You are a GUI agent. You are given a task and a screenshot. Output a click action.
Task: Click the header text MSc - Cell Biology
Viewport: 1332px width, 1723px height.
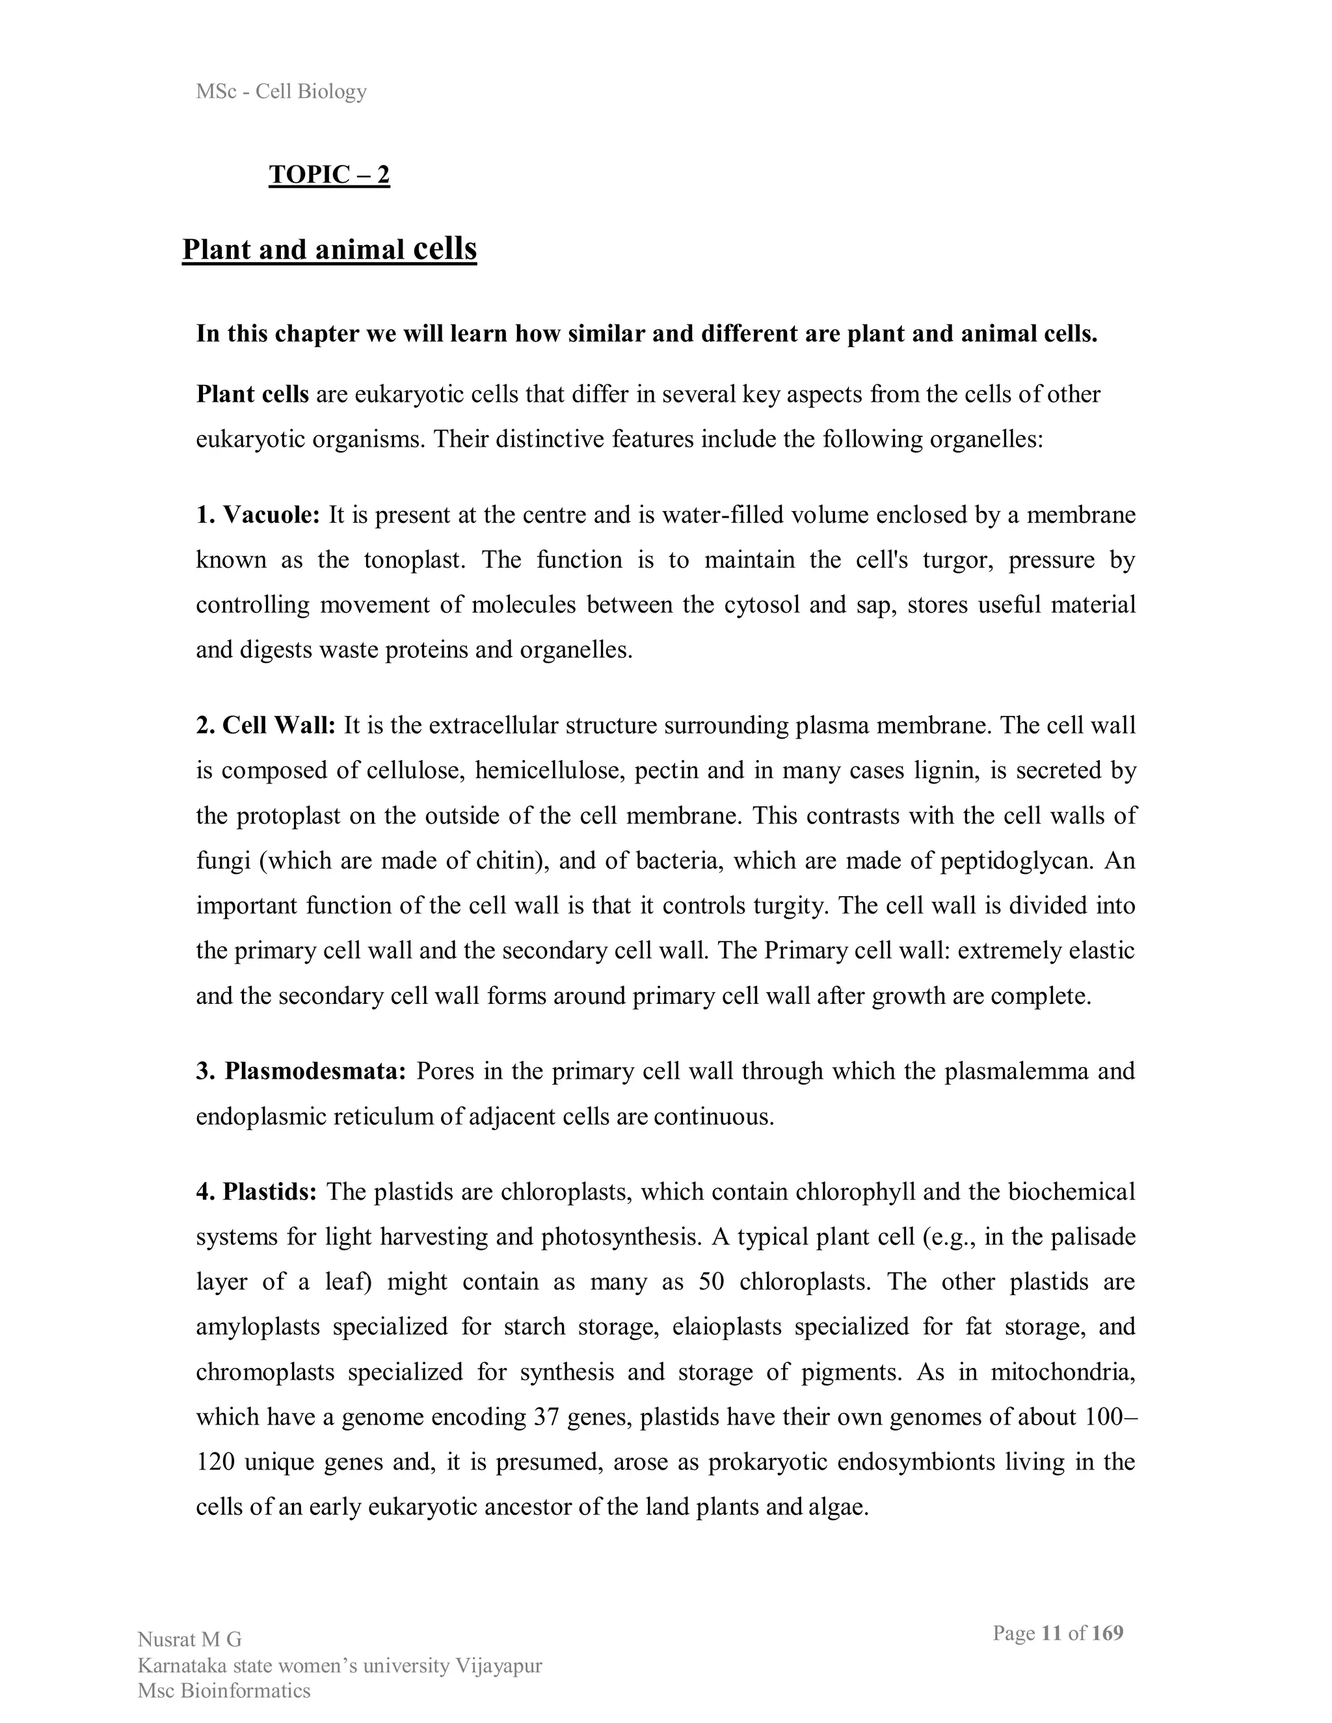point(281,92)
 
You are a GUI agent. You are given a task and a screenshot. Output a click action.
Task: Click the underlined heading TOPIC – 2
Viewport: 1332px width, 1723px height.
point(329,174)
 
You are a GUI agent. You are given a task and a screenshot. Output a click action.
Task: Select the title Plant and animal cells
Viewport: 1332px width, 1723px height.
point(329,249)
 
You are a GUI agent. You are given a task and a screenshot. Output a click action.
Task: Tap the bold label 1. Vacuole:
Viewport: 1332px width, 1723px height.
point(258,515)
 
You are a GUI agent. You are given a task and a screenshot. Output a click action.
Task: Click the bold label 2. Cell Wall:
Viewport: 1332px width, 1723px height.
point(266,725)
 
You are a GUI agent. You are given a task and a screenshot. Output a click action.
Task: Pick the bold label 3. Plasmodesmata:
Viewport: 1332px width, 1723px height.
point(300,1072)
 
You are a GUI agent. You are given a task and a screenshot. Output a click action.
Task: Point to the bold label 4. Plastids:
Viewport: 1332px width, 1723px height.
point(256,1191)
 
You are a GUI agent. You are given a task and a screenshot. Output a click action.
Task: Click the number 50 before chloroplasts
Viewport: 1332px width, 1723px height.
point(711,1282)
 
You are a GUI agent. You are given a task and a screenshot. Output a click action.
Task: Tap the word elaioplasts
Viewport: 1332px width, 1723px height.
point(726,1327)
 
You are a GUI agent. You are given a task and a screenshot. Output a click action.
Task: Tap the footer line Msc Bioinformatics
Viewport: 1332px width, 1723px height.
point(224,1690)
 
